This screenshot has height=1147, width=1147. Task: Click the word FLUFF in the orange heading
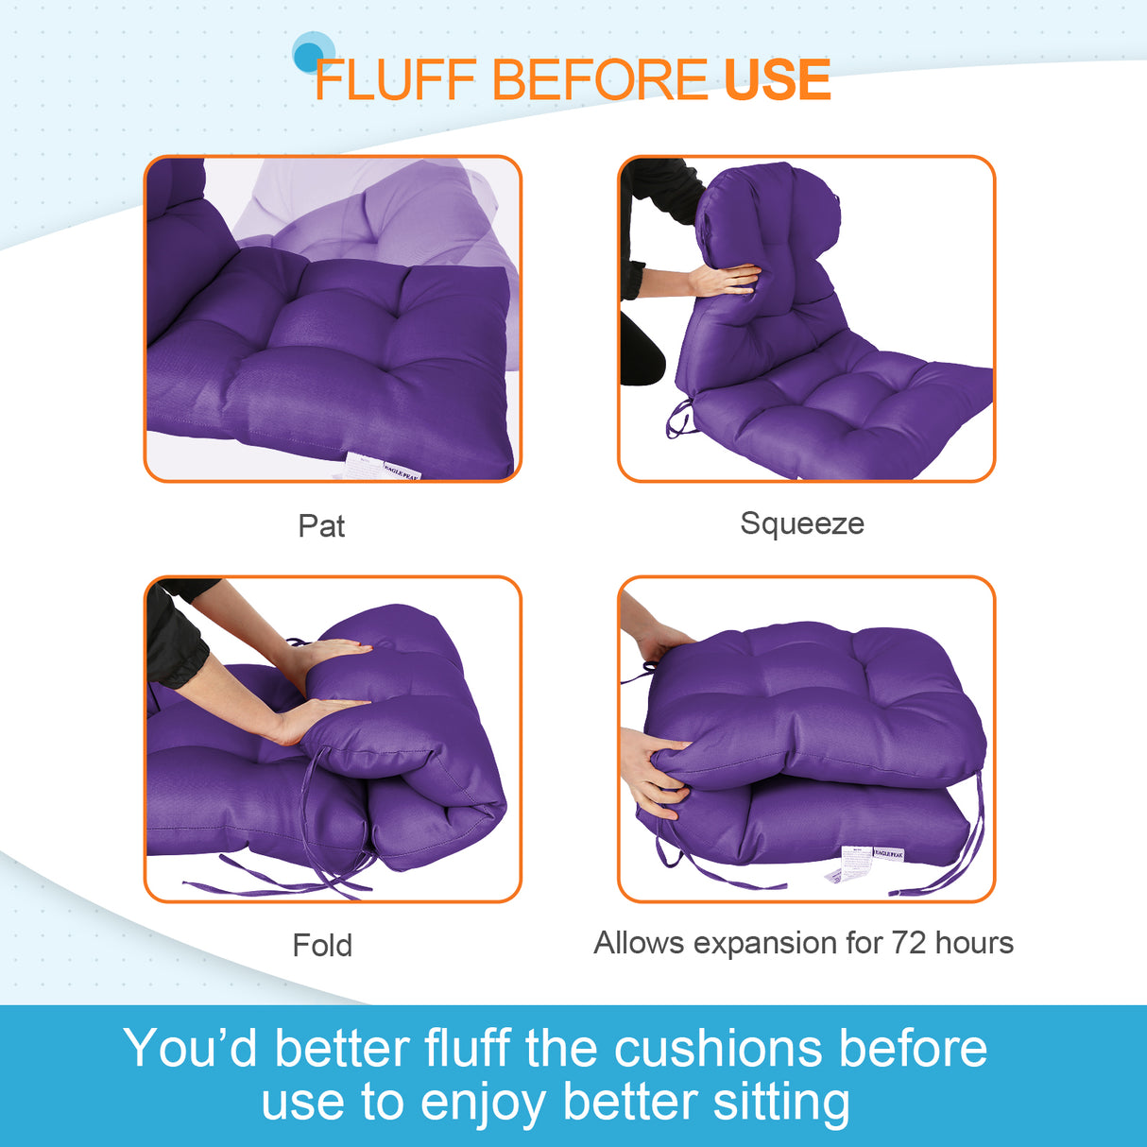click(395, 80)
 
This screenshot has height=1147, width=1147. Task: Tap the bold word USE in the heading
click(777, 80)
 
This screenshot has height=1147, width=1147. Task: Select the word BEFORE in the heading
click(599, 80)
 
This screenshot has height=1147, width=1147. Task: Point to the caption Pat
click(321, 526)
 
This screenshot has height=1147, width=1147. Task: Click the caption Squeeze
click(801, 523)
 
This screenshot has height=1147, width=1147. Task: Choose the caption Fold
click(322, 945)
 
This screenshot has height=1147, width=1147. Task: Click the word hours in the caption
click(974, 943)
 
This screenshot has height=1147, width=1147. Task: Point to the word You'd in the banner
click(190, 1049)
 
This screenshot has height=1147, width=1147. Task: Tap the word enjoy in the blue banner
click(483, 1103)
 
